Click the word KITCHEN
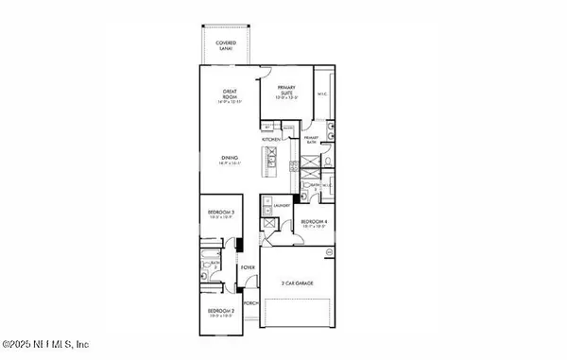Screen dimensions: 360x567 pos(272,139)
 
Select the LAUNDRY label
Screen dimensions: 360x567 pos(282,205)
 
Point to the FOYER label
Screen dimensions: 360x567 pos(249,269)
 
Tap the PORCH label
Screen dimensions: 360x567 pos(251,303)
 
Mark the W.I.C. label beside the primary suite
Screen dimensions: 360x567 pos(322,94)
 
